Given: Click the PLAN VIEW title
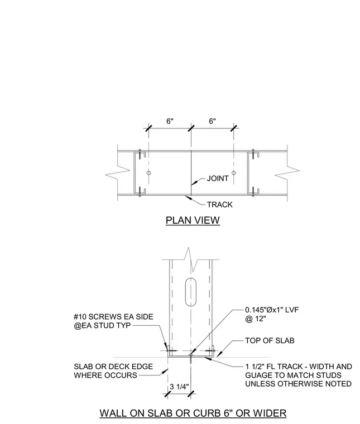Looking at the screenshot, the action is (x=193, y=220).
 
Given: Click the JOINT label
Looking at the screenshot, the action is (x=218, y=179).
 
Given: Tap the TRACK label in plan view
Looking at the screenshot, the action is (x=219, y=204).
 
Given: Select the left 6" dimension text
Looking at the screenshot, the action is (x=170, y=121).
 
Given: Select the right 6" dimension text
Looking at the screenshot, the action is (x=212, y=121).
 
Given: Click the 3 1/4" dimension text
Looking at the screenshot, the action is (x=179, y=387).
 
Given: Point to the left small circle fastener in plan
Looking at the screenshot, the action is (x=148, y=173).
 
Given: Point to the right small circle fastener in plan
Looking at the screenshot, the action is (x=234, y=173).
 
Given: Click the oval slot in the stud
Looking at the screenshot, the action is (x=191, y=292).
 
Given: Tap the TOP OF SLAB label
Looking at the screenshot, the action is (x=270, y=340).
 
